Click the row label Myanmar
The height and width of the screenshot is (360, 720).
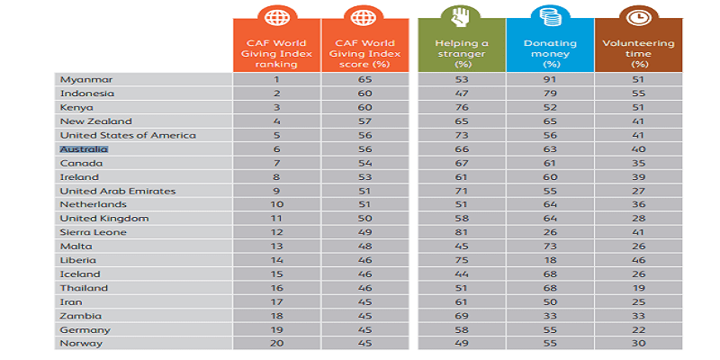[79, 79]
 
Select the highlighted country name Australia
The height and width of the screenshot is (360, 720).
[84, 148]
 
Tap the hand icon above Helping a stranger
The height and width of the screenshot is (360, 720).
[462, 19]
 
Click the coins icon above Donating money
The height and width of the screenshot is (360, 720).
[548, 19]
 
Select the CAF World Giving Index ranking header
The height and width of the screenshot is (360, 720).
[277, 51]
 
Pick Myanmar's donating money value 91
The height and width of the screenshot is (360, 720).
[548, 79]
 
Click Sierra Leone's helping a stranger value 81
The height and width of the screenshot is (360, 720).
[462, 232]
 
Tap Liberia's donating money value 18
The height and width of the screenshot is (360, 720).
[548, 260]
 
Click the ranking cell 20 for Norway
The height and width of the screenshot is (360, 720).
[277, 343]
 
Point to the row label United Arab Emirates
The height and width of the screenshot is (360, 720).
[104, 191]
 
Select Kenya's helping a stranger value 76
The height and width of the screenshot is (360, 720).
[462, 107]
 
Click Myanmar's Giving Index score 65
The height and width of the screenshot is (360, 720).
[364, 79]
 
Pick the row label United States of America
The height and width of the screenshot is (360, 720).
[114, 135]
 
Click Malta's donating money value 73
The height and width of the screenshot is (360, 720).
[548, 246]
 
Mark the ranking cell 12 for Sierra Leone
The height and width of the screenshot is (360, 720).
[277, 232]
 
